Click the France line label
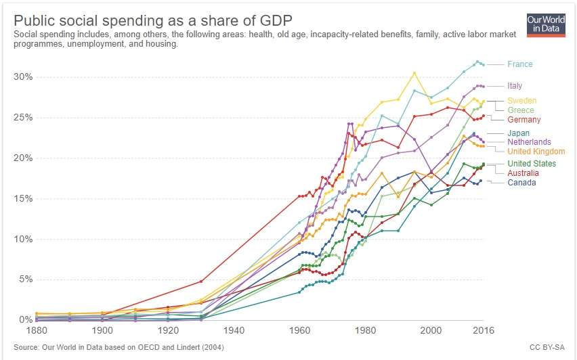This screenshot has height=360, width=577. click(519, 64)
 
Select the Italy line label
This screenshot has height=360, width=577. click(514, 86)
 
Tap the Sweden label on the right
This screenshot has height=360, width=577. click(521, 101)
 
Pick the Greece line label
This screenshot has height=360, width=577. click(520, 110)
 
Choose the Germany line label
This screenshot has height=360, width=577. click(523, 120)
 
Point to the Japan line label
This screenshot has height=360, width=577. click(518, 133)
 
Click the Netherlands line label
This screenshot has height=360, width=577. click(529, 143)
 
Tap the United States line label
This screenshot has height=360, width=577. click(532, 164)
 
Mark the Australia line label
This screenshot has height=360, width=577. click(526, 173)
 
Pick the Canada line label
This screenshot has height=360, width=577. click(521, 183)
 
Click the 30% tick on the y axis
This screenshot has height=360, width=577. click(22, 76)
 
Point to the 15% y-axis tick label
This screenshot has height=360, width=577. click(22, 198)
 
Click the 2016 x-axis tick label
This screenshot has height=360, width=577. click(483, 331)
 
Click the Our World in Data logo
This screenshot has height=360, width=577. click(546, 24)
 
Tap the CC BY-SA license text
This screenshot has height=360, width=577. click(548, 348)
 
